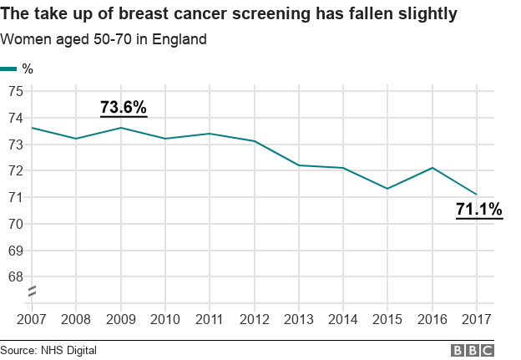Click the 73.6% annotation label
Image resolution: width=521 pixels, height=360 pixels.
124,107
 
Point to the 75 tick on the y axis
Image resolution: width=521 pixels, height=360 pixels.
15,91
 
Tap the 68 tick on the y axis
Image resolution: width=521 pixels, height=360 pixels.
15,276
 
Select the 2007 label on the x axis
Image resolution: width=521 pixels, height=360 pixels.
32,319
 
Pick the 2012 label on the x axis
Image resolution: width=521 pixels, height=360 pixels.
254,319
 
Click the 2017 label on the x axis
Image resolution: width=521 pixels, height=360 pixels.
477,319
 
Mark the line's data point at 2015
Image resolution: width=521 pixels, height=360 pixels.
387,189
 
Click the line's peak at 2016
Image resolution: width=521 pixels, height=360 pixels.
432,168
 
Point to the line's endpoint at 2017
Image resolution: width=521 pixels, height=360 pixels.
477,195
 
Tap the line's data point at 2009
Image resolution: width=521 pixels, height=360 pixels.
121,128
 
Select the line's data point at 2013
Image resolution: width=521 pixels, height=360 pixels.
298,165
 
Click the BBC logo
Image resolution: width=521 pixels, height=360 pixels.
473,350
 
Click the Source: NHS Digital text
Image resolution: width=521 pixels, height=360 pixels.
48,350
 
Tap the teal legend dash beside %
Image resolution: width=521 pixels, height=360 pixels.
8,68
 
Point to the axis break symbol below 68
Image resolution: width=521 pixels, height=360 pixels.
32,292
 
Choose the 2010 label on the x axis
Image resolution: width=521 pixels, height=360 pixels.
165,319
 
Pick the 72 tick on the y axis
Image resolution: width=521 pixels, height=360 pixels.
15,170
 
